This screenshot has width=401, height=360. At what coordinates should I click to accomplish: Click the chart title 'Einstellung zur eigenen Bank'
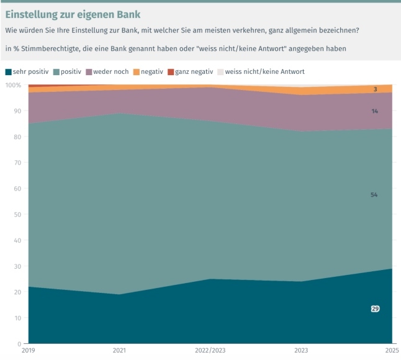[73, 13]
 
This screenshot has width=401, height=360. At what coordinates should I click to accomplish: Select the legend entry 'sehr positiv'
[30, 72]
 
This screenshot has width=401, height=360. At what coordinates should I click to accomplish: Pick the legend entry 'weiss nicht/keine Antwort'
[264, 72]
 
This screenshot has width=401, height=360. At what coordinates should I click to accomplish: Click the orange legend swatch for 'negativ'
[137, 72]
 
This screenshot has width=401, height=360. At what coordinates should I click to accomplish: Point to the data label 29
[375, 308]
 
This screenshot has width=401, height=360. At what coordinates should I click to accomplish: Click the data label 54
[374, 195]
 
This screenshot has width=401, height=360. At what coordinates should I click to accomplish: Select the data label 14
[375, 111]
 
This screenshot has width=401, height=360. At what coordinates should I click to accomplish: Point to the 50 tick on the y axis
[17, 215]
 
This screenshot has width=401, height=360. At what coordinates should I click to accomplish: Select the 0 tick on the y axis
[19, 344]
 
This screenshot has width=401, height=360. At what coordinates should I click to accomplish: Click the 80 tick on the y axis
[17, 137]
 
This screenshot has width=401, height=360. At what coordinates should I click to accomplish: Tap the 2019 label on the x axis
[29, 352]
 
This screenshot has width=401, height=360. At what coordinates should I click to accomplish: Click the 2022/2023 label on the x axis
[210, 352]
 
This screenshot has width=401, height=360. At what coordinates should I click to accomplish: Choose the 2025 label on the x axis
[391, 352]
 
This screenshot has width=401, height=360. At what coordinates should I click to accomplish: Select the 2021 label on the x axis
[120, 352]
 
